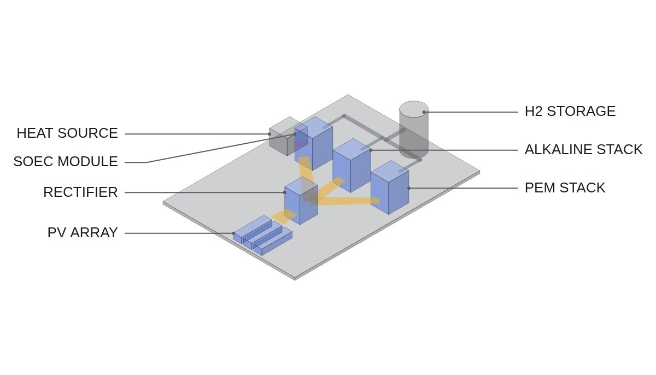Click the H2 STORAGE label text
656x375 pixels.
(x=570, y=112)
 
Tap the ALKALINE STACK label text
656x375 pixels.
(x=583, y=150)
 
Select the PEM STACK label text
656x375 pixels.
(x=565, y=188)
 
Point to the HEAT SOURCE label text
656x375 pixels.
(x=67, y=133)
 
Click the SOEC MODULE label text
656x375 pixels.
(x=66, y=162)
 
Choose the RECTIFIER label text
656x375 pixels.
(x=80, y=192)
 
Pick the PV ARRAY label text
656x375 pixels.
(x=83, y=233)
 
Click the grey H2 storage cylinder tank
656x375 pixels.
(x=414, y=130)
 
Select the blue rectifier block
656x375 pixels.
(x=301, y=201)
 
